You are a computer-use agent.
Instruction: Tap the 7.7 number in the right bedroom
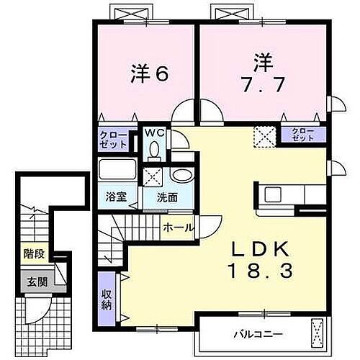(x=262, y=83)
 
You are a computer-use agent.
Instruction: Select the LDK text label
(x=260, y=248)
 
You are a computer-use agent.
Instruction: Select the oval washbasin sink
(x=181, y=176)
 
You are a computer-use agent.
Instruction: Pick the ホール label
(x=178, y=228)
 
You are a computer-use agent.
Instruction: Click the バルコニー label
(x=258, y=334)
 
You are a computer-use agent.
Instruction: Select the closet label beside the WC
(x=113, y=139)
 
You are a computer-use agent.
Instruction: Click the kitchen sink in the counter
(x=273, y=194)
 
